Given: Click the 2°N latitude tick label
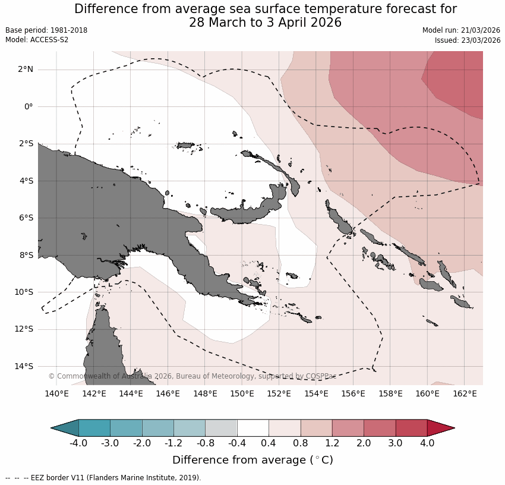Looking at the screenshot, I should click(x=26, y=70).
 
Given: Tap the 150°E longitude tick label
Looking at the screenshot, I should click(x=242, y=393).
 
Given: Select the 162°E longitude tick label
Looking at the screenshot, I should click(x=465, y=393).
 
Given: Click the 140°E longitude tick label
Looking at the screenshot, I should click(x=57, y=393).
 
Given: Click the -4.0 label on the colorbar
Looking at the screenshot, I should click(x=78, y=443).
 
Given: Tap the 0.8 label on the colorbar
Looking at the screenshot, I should click(x=301, y=443).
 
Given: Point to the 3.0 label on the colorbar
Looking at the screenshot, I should click(x=395, y=443).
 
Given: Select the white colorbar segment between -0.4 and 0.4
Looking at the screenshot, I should click(x=253, y=428).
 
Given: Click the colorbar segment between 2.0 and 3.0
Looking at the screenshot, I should click(x=379, y=428).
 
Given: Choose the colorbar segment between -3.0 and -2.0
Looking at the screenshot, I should click(x=126, y=428).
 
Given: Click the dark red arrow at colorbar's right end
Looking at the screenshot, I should click(x=440, y=428).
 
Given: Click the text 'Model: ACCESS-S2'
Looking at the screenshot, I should click(x=37, y=40).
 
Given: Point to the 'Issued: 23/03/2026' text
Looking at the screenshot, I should click(x=468, y=40).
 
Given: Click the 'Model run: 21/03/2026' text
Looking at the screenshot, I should click(x=461, y=30).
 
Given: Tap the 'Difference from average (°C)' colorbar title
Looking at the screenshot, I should click(x=252, y=460).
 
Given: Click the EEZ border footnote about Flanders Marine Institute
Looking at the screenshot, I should click(x=103, y=478).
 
